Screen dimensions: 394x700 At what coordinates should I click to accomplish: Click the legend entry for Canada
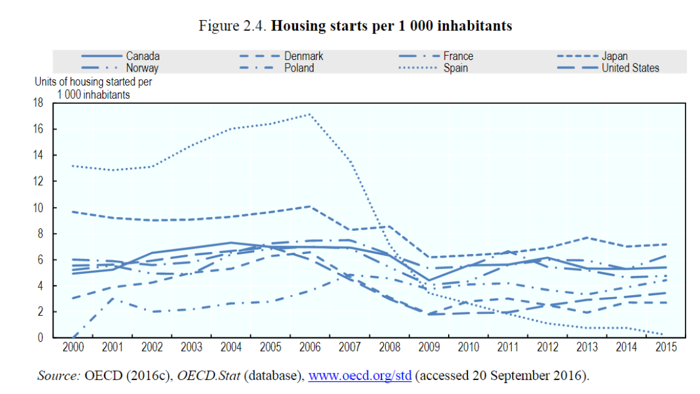[x=143, y=56]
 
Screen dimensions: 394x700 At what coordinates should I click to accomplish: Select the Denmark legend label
[x=303, y=56]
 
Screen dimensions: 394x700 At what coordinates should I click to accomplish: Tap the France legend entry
[x=458, y=56]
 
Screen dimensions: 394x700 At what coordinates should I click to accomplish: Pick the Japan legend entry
[x=614, y=56]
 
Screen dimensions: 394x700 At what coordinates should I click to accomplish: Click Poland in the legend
[x=299, y=68]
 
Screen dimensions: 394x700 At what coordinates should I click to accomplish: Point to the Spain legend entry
[x=455, y=68]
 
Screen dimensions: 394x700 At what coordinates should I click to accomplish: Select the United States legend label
[x=630, y=68]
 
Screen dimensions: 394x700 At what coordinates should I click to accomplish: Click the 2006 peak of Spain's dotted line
[x=310, y=114]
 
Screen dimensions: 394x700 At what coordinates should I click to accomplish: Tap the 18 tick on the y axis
[x=40, y=103]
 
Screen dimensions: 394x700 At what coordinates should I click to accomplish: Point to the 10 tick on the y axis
[x=40, y=207]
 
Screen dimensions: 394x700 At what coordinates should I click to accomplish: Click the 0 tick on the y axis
[x=42, y=338]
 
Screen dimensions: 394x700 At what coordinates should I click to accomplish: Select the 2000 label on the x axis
[x=73, y=349]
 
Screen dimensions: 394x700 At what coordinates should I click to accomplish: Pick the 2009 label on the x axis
[x=429, y=349]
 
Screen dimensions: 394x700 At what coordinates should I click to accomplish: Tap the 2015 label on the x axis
[x=665, y=349]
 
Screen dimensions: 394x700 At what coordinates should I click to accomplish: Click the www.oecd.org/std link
[x=360, y=376]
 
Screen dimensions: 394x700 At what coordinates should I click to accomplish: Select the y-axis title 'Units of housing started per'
[x=93, y=82]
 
